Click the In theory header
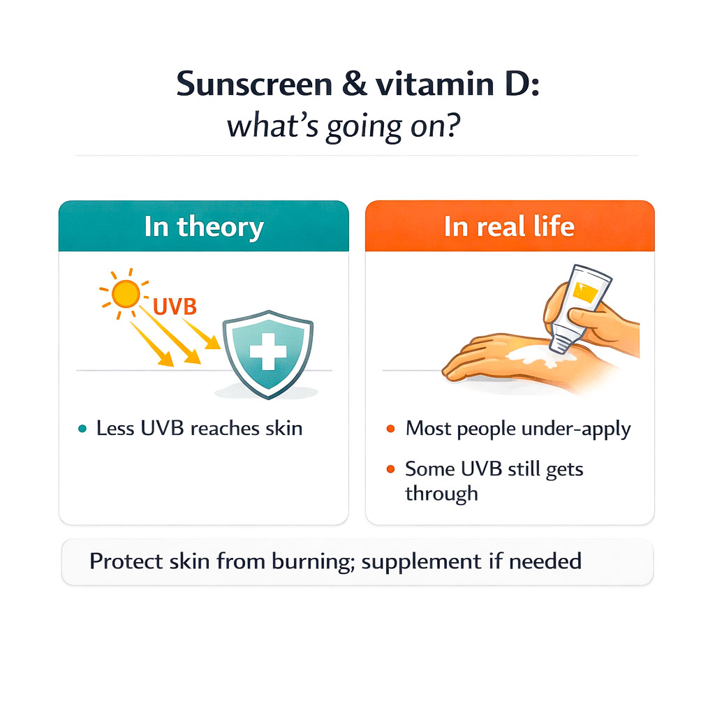pyautogui.click(x=203, y=227)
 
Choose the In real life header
pyautogui.click(x=509, y=227)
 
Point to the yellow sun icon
pyautogui.click(x=125, y=295)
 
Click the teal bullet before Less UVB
pyautogui.click(x=83, y=429)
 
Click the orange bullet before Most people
pyautogui.click(x=390, y=429)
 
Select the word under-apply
pyautogui.click(x=577, y=429)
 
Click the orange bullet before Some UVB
pyautogui.click(x=390, y=469)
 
